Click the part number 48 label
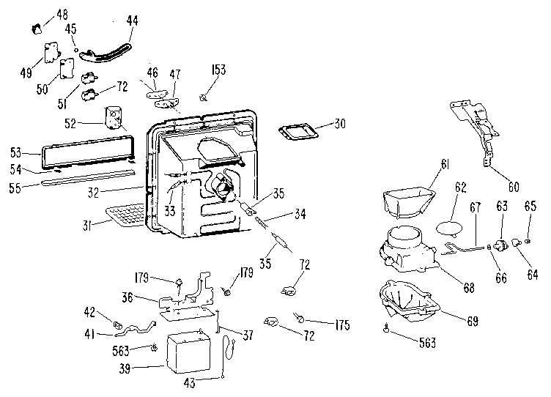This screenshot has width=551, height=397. pyautogui.click(x=62, y=15)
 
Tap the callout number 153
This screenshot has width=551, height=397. pyautogui.click(x=218, y=70)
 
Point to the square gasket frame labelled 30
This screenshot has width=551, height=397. pyautogui.click(x=298, y=132)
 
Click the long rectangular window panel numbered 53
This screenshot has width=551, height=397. pyautogui.click(x=88, y=150)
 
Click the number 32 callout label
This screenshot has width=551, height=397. pyautogui.click(x=93, y=193)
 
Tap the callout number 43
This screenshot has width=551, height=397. pyautogui.click(x=189, y=382)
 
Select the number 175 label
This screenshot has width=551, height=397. pyautogui.click(x=342, y=325)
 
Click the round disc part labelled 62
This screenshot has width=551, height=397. pyautogui.click(x=449, y=227)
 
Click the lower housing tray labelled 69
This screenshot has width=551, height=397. pyautogui.click(x=410, y=303)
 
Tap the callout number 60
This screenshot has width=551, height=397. pyautogui.click(x=514, y=187)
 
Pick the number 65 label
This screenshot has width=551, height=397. pyautogui.click(x=530, y=206)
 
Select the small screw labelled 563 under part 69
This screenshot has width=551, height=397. pyautogui.click(x=387, y=328)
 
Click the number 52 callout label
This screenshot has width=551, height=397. pyautogui.click(x=70, y=123)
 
